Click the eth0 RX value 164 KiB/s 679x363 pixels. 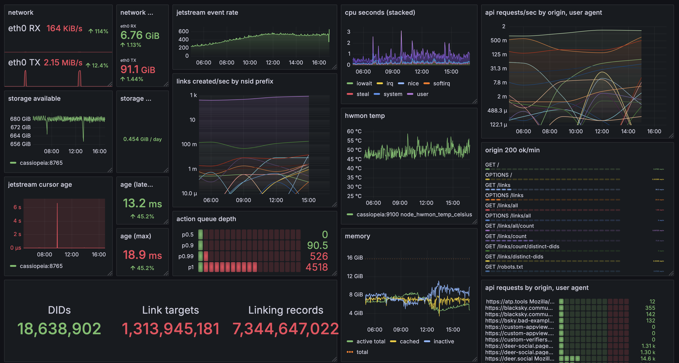64,29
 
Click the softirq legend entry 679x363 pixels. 441,84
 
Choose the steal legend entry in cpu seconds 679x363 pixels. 362,94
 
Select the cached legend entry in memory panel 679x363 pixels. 409,341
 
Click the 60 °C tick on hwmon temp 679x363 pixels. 354,131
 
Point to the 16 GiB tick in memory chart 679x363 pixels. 354,258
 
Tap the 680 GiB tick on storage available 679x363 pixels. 20,119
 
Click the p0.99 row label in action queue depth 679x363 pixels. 186,256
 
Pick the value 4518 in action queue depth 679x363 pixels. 317,267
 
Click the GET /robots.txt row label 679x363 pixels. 504,267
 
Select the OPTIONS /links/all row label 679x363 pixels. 508,216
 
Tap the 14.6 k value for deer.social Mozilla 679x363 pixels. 647,358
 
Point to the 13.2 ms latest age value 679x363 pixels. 142,203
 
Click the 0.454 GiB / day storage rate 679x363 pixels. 142,139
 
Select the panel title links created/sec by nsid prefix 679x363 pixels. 225,81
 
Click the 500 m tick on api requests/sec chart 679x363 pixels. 498,40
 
